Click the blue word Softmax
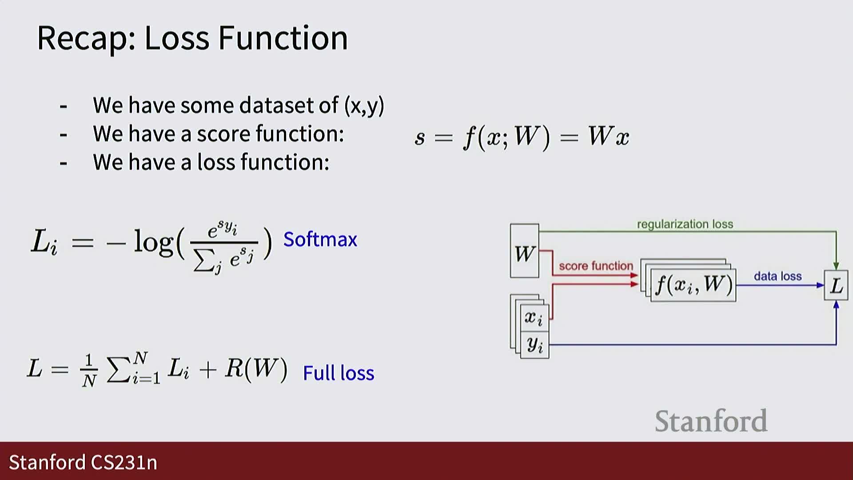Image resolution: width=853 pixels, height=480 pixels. [320, 240]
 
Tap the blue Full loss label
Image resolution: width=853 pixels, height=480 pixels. [339, 373]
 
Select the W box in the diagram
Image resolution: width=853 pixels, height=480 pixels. [524, 251]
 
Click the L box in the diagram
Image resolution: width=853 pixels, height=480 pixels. [836, 285]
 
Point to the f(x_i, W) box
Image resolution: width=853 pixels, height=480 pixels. [693, 285]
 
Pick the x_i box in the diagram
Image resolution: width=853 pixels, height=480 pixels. [534, 317]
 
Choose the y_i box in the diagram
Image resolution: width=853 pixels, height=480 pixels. [534, 344]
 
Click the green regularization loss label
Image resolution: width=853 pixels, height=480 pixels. [685, 224]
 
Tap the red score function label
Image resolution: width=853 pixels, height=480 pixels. [596, 266]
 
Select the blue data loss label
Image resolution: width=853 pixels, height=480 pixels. [777, 276]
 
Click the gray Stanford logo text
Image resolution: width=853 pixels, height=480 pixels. [711, 420]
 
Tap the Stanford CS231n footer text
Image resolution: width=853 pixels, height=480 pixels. [83, 462]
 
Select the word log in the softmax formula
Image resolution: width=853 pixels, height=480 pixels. [153, 242]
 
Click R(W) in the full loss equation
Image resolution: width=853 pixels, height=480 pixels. [256, 368]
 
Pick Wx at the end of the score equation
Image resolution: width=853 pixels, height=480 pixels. [609, 136]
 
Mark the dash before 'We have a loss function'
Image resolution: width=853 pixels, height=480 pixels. [64, 164]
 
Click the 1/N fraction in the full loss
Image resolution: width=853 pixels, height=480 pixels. [89, 370]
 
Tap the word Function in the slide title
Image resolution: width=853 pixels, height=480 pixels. [283, 38]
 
